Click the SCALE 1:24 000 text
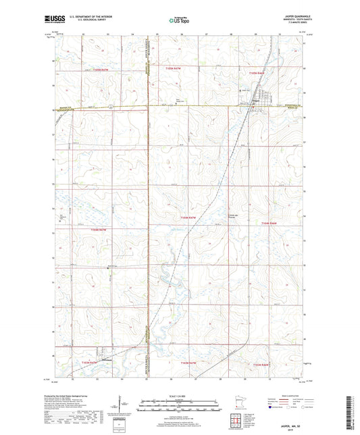click(x=179, y=396)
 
